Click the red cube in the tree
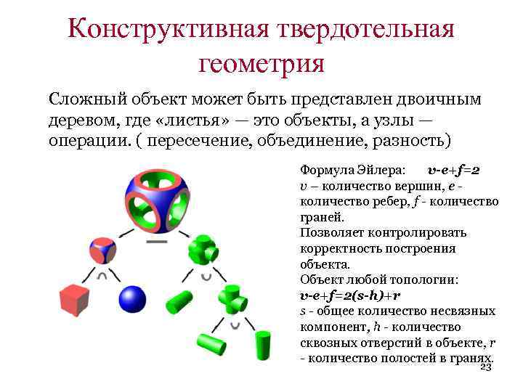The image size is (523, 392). tap(74, 300)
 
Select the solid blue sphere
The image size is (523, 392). tap(132, 299)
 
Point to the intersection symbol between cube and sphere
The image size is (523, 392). tap(102, 277)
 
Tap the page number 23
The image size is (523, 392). tap(486, 367)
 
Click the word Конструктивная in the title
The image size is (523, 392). tap(168, 30)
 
